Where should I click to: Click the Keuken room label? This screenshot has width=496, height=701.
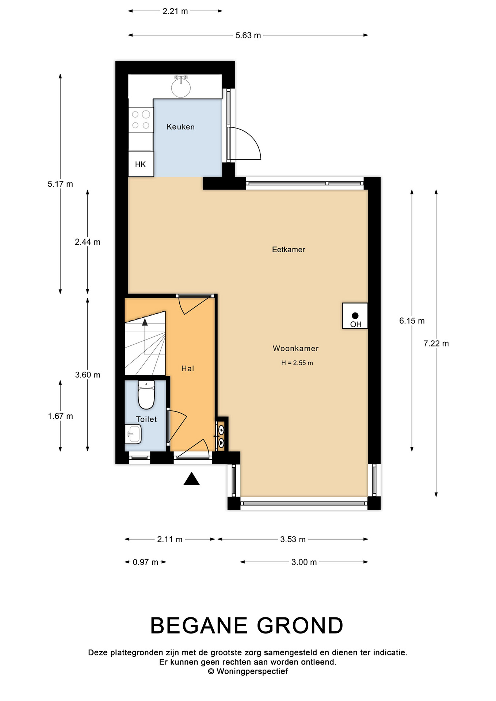[x=180, y=127]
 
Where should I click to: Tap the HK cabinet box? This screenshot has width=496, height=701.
[x=141, y=164]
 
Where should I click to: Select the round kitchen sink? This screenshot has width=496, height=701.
[x=181, y=87]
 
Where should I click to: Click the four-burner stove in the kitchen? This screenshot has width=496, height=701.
[x=141, y=120]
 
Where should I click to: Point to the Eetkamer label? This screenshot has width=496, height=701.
[x=289, y=250]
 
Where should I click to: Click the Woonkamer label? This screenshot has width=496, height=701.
[x=295, y=348]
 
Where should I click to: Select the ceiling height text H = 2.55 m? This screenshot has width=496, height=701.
[x=297, y=363]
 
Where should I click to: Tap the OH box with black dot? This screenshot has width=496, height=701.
[x=355, y=316]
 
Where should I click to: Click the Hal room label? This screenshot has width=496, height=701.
[x=188, y=368]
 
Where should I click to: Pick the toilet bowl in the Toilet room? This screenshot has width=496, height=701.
[x=146, y=395]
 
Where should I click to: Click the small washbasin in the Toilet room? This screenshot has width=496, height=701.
[x=133, y=434]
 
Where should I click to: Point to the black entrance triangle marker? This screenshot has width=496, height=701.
[x=191, y=479]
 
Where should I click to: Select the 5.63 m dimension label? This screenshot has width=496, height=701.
[x=248, y=35]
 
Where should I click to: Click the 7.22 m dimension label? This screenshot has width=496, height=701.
[x=436, y=344]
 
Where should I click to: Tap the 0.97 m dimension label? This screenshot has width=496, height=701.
[x=145, y=562]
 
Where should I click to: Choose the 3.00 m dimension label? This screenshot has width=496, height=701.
[x=304, y=562]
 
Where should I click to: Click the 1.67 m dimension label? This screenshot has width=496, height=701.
[x=60, y=416]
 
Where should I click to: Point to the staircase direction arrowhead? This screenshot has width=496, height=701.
[x=145, y=322]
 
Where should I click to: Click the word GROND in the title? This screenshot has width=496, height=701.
[x=300, y=626]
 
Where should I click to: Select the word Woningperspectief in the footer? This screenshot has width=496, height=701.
[x=252, y=671]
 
